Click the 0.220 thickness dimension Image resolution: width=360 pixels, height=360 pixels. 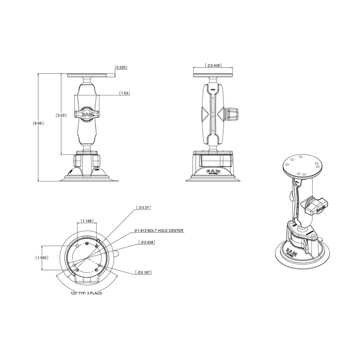pos(121,67)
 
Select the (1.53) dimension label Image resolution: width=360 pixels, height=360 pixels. pos(125,93)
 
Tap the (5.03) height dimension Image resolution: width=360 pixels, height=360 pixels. pos(61,115)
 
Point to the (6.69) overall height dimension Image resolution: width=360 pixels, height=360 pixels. pos(38,123)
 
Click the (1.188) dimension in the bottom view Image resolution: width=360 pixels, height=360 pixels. pos(88,221)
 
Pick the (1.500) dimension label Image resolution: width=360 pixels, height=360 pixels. pos(42,258)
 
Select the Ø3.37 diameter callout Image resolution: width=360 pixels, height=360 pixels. pos(144,207)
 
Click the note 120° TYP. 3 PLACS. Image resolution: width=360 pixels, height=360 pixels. pos(85,293)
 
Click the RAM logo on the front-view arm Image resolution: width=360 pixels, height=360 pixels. pos(88,115)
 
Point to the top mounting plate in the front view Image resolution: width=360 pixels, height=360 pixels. pos(88,75)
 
